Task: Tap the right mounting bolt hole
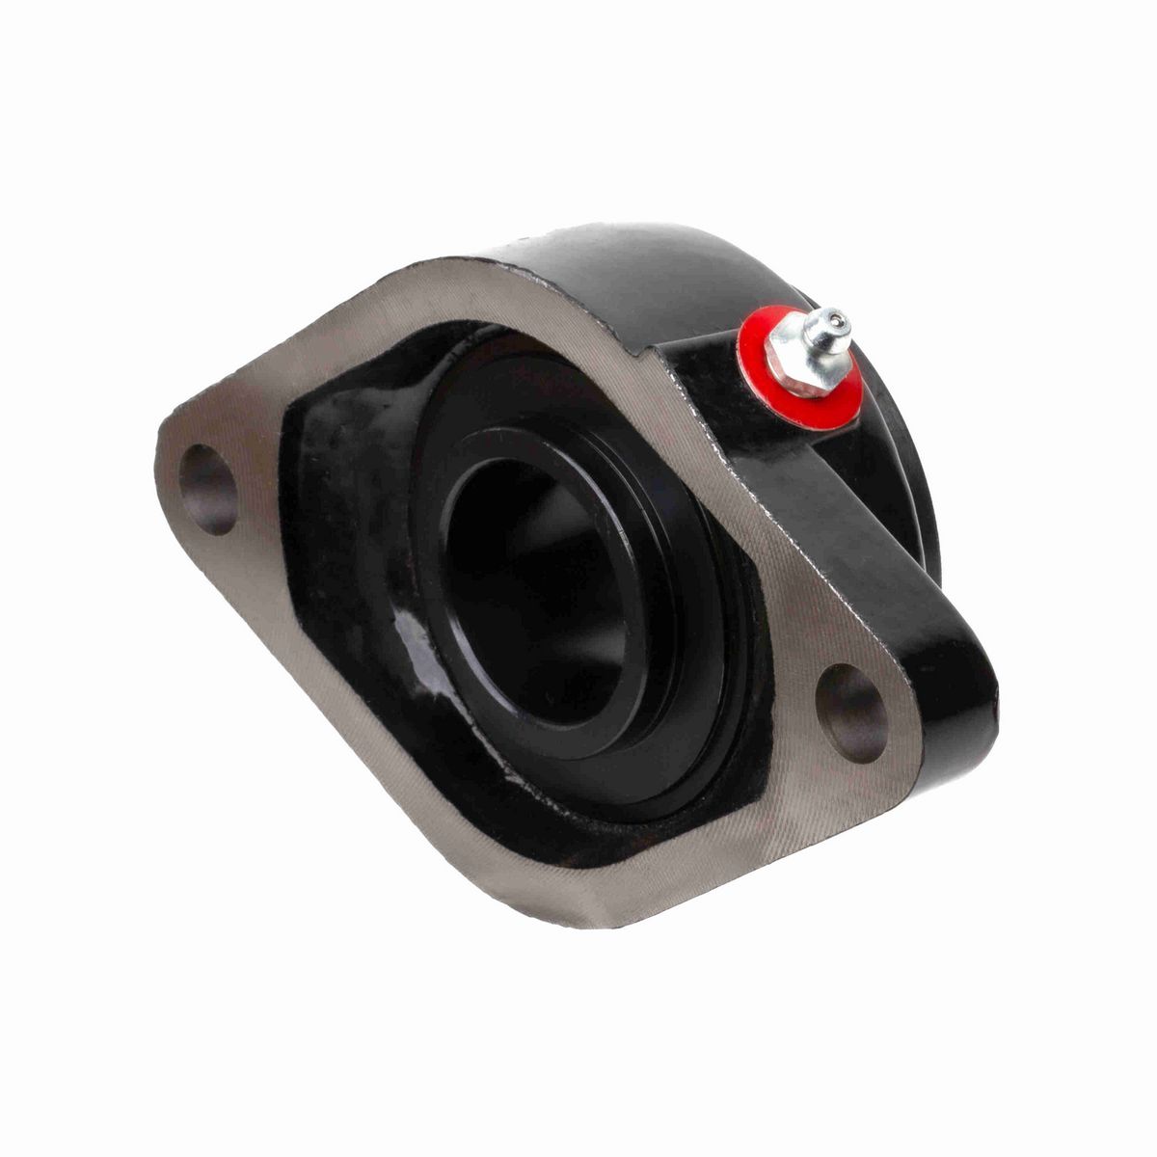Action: coord(851,713)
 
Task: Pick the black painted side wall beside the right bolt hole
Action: coord(950,694)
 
